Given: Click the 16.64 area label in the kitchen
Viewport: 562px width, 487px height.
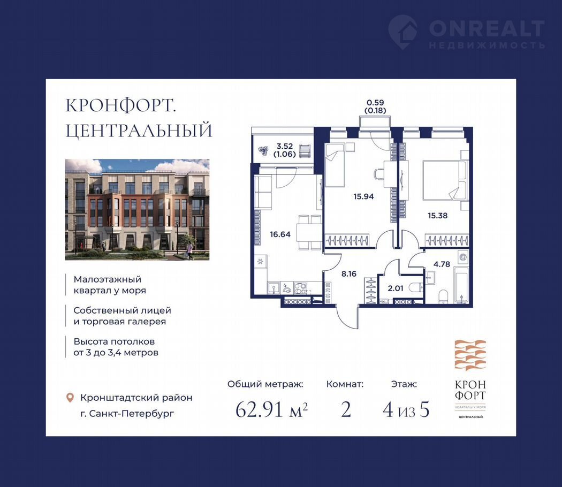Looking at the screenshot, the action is click(280, 234).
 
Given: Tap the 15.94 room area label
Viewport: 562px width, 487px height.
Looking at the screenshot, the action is click(363, 196).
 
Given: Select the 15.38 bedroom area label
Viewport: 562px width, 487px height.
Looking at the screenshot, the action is click(437, 215).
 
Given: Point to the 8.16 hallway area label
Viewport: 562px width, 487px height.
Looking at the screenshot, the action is click(349, 274).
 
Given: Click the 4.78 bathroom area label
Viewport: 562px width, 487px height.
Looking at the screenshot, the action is click(442, 264).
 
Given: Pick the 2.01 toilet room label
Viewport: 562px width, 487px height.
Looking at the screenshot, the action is click(396, 288).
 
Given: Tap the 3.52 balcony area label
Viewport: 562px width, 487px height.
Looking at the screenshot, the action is click(285, 146).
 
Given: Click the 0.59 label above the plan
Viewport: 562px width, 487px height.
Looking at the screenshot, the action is click(375, 103).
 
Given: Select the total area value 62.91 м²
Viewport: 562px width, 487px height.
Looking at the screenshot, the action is click(271, 409).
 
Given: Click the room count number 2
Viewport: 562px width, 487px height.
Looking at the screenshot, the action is click(346, 409).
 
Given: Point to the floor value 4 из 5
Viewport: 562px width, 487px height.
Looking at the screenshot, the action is click(406, 409).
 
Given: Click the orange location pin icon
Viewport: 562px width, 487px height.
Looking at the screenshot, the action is click(70, 398).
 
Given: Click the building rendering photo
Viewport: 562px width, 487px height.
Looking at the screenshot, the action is click(137, 210).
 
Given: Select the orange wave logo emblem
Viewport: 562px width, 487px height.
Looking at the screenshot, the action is click(470, 355).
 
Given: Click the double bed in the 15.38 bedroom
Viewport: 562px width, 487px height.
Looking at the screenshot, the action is click(444, 180).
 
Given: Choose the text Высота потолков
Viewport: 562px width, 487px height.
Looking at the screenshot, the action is click(114, 341).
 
